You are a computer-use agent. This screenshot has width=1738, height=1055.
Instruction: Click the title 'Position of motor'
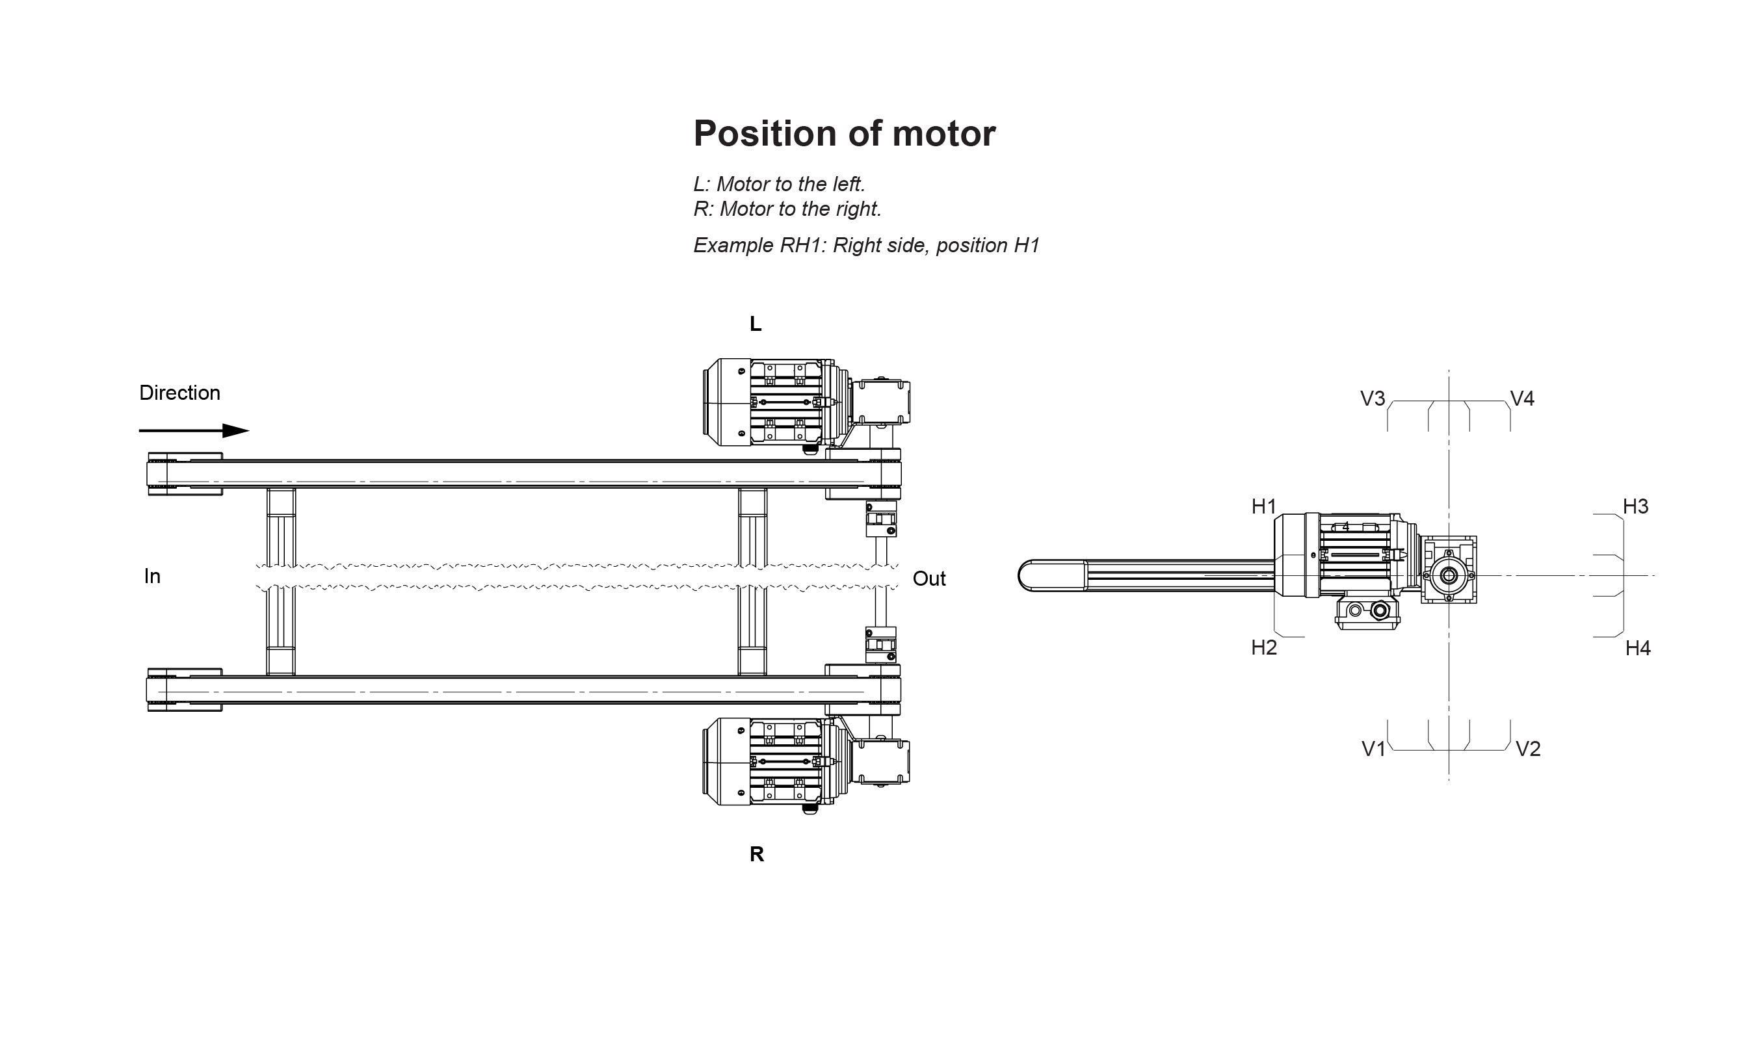(845, 133)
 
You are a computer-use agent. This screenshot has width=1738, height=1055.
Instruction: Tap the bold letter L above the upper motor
(756, 324)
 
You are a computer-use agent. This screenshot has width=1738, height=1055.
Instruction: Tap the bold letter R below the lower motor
(756, 855)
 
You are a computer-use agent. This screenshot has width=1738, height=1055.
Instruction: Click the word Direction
(179, 393)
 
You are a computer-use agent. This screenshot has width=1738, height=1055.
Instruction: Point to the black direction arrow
(194, 431)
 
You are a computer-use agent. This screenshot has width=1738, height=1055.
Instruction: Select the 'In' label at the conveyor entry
(151, 577)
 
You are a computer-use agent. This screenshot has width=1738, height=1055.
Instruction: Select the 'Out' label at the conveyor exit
(928, 579)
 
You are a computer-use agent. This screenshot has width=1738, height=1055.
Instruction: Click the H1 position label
(1263, 506)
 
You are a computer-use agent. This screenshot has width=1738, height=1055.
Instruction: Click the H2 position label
(1263, 647)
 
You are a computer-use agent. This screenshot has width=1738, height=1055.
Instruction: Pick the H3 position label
(1635, 506)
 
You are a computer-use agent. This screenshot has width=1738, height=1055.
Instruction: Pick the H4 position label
(1637, 648)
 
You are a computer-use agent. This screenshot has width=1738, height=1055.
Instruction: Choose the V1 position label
(1373, 749)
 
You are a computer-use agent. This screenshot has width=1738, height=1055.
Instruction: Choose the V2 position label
(1528, 749)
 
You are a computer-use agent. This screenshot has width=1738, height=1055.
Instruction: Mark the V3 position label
(1372, 399)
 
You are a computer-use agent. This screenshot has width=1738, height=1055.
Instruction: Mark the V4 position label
(1522, 399)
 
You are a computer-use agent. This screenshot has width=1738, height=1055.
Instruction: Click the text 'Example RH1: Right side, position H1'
(866, 246)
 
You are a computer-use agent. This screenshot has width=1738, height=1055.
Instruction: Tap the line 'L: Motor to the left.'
(779, 184)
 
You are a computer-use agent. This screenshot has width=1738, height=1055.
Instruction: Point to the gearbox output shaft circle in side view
(1449, 576)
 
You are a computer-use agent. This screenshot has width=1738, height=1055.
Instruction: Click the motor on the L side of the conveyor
(769, 402)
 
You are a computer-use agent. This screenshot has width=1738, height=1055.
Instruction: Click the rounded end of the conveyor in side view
(1029, 576)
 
